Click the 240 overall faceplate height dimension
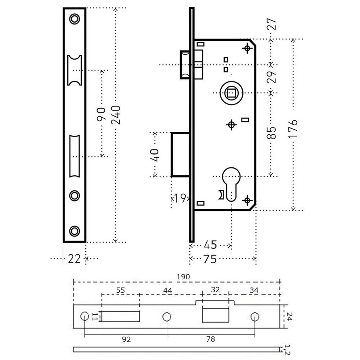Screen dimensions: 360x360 point(116,115)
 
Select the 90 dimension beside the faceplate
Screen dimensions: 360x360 point(101,114)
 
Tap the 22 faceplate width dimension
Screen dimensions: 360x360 point(74,259)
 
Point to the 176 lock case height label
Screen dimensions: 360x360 point(293,129)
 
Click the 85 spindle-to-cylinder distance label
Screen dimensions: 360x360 point(271,133)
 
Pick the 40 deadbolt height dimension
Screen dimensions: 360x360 point(154,155)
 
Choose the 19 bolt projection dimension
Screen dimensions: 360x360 point(180,198)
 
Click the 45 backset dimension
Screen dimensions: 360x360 point(210,245)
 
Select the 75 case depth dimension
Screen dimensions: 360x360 point(210,259)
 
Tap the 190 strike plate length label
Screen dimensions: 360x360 point(183,276)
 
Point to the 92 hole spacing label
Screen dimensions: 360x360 point(126,339)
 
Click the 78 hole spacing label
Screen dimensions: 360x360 point(211,339)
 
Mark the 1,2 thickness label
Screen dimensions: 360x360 point(287,350)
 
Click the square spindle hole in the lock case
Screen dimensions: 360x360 point(231,93)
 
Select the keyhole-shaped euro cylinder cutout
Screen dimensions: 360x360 point(231,184)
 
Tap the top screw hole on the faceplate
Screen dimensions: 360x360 point(75,19)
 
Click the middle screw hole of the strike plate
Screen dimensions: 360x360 point(167,316)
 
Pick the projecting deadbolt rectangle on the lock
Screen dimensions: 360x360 point(180,154)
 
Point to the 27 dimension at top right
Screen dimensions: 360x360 point(271,24)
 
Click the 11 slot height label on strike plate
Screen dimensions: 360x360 point(95,316)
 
